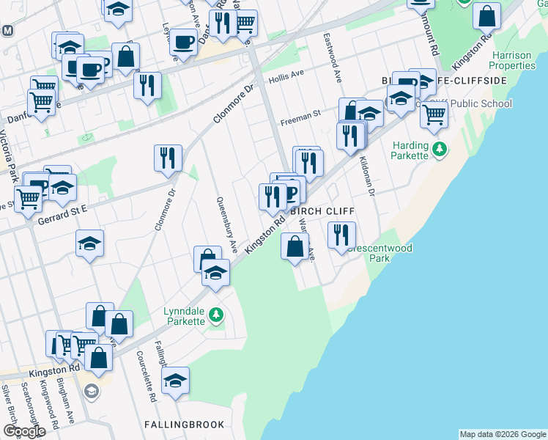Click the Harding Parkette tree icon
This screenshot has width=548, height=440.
point(440,150)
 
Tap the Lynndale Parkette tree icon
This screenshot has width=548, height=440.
point(215,315)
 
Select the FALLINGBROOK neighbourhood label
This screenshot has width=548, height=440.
point(179,425)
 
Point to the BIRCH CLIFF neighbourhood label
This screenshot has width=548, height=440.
point(322,211)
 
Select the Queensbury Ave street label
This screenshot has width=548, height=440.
point(226,224)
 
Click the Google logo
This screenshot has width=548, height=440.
point(24,431)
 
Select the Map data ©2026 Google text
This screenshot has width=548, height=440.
point(502,434)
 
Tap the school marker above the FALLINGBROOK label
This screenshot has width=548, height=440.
point(175,381)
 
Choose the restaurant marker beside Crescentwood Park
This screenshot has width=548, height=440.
point(341,235)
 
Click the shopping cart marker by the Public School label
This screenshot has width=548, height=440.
point(434,114)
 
